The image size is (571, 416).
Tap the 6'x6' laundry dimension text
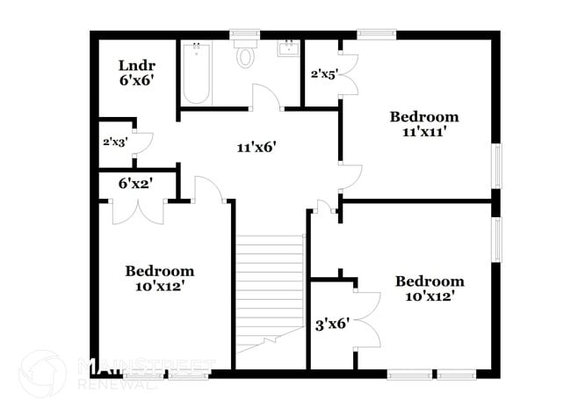pos(138,79)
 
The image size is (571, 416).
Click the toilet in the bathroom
pos(245,55)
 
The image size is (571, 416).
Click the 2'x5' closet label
pos(324,74)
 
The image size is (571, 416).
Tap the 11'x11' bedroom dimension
pos(425,132)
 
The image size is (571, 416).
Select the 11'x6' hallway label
pos(257,148)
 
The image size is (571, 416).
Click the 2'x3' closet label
pos(114,141)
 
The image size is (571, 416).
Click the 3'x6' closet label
pos(333,324)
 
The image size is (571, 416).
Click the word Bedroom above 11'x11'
pos(425,116)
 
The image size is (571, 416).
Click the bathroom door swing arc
pos(265,97)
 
